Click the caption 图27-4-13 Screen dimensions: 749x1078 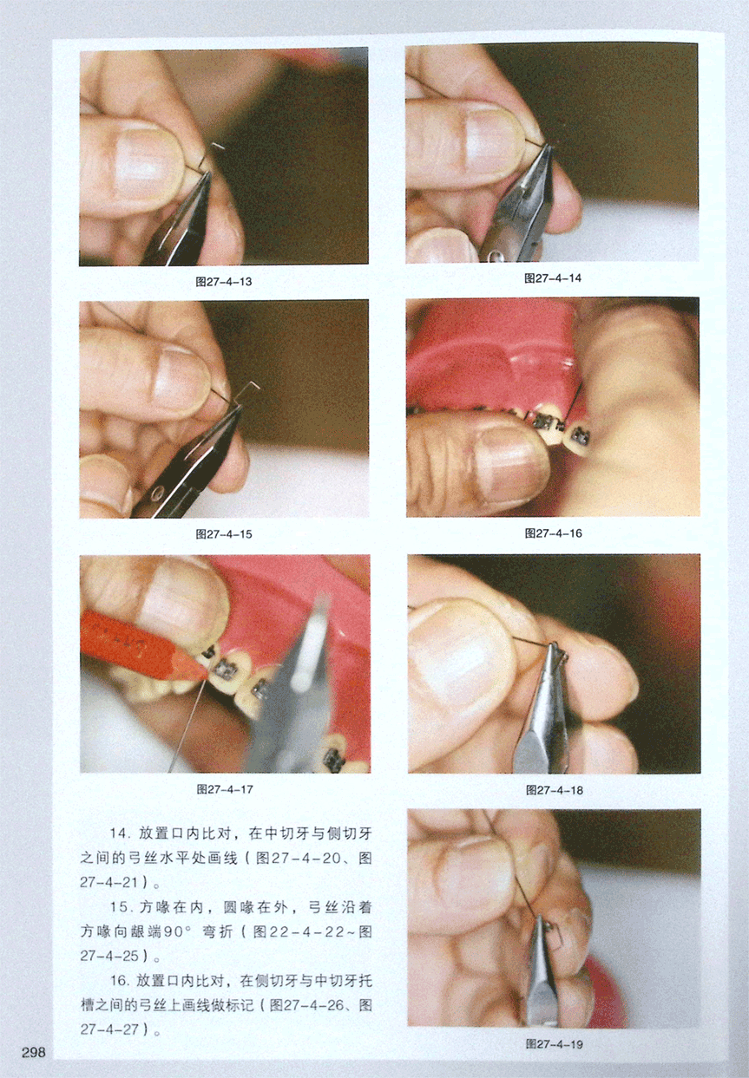(x=224, y=282)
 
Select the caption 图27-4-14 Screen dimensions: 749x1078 (x=553, y=278)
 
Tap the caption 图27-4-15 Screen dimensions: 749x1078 (x=224, y=534)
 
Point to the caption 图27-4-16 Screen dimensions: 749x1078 (x=554, y=533)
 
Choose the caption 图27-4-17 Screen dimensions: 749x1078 (x=225, y=789)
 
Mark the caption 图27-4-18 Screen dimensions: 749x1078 (x=555, y=790)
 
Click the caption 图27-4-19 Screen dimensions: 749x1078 (x=555, y=1044)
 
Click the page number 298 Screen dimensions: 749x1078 (x=33, y=1052)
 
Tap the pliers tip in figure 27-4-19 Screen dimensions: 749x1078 (x=541, y=918)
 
